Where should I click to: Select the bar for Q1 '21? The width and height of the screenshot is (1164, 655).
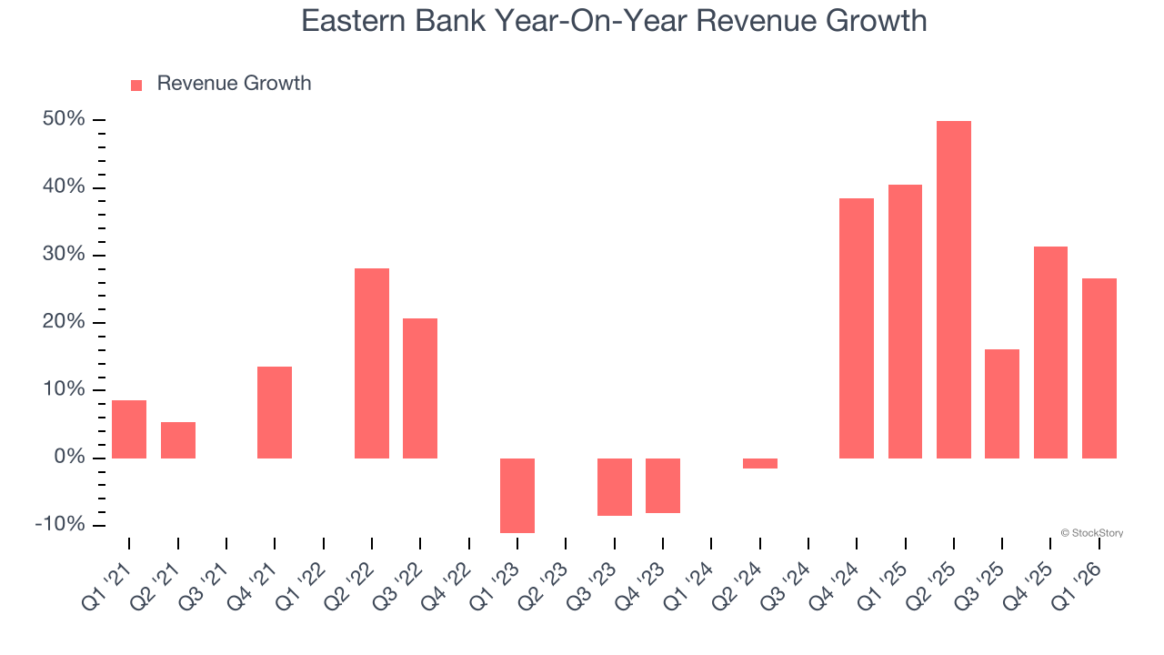point(129,428)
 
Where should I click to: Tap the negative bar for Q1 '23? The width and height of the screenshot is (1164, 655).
point(517,495)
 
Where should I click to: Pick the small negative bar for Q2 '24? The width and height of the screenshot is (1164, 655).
point(760,463)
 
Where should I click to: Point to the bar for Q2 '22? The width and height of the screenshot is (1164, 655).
point(372,363)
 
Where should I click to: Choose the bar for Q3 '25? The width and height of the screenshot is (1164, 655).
point(1002,403)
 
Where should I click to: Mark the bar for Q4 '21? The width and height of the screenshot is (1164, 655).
point(275,412)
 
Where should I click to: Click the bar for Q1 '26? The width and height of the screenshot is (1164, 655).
point(1099,368)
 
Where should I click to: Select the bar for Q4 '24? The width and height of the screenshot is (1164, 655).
point(857,327)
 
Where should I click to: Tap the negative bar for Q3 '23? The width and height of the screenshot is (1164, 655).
point(615,487)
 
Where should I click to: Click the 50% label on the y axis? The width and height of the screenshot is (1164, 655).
point(64,120)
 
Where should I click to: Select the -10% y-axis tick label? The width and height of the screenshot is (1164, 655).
point(60,525)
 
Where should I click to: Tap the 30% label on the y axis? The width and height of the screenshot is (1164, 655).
point(64,255)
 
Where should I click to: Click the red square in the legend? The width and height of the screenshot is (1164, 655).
point(136,85)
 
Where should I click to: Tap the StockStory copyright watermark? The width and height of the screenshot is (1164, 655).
point(1091,533)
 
